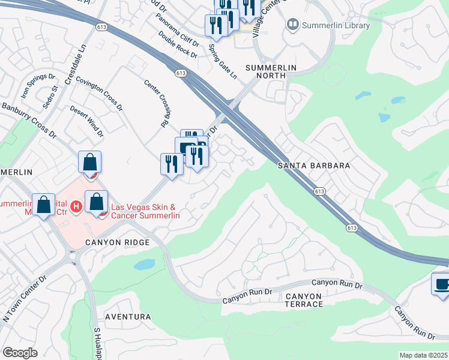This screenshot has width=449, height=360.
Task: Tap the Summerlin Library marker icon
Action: (293, 25)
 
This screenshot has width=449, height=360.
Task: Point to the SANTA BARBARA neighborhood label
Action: (313, 165)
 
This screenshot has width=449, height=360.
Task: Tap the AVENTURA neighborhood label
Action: (127, 316)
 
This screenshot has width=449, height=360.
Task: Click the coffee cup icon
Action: (442, 284)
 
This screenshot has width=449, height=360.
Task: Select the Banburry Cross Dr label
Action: (28, 118)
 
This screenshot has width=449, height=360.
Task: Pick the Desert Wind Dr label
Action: (86, 119)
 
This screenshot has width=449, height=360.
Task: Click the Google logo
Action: (20, 353)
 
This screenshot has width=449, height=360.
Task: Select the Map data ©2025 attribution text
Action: (424, 355)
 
